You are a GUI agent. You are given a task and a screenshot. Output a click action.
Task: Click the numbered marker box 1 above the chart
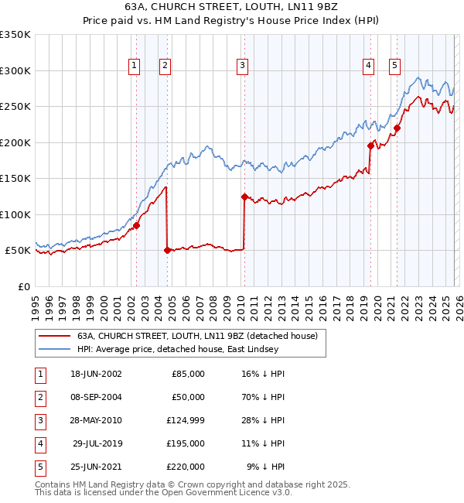click(135, 67)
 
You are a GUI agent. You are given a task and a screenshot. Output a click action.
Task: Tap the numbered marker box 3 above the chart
click(243, 67)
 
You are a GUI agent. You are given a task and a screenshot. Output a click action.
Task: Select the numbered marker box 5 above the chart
click(394, 67)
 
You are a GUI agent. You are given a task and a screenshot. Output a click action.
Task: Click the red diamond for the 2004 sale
click(167, 250)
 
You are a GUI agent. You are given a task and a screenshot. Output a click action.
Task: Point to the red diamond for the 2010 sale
click(244, 197)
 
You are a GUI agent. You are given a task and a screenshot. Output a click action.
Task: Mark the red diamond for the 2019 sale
click(370, 145)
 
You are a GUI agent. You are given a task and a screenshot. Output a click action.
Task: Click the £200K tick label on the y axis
click(15, 142)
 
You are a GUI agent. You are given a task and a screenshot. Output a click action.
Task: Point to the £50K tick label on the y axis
click(18, 251)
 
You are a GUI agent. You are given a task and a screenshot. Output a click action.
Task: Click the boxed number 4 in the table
click(39, 443)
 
